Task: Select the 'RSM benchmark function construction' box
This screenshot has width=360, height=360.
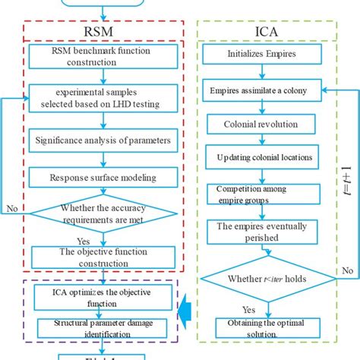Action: tap(103, 57)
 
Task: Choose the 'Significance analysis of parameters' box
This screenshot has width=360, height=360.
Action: tap(103, 140)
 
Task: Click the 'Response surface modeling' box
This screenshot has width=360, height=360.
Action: tap(103, 178)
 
